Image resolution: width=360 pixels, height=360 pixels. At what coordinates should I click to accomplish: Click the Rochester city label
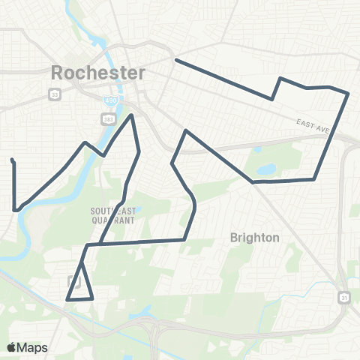tap(98, 73)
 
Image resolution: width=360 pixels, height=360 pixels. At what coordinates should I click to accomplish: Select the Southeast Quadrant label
tap(114, 216)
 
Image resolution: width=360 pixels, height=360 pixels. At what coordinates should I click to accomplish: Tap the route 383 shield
tap(106, 119)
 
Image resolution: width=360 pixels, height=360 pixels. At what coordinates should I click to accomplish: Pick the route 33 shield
tap(55, 94)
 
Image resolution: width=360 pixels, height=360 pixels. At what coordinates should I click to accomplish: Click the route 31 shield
tap(344, 298)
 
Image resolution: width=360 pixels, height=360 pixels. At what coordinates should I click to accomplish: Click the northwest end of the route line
tap(175, 60)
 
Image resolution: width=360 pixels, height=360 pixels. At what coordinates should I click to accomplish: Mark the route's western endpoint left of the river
tap(11, 159)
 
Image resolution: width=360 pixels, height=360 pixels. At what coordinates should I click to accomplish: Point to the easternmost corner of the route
tap(349, 94)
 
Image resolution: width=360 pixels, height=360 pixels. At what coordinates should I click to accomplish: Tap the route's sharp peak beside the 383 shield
tap(133, 115)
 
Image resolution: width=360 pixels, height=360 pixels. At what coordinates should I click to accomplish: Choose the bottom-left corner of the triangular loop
tap(67, 299)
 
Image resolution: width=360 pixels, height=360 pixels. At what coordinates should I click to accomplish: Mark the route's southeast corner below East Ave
tap(313, 179)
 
